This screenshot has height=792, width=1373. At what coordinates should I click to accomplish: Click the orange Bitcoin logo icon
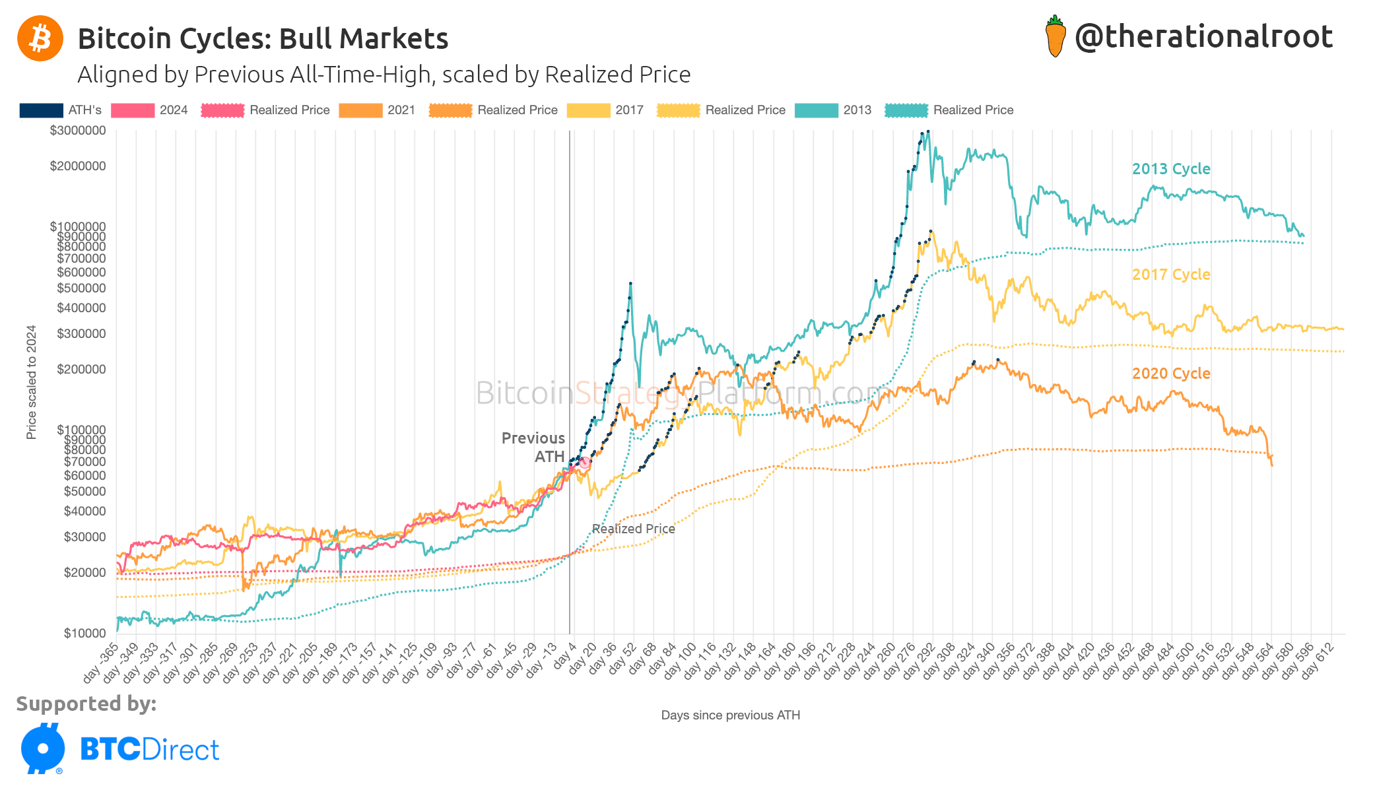[x=40, y=38]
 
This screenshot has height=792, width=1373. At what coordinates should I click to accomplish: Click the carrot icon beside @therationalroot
[x=1055, y=37]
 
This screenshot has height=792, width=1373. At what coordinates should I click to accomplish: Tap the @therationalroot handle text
[x=1203, y=37]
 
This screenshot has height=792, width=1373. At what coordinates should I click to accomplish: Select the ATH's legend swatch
[x=41, y=110]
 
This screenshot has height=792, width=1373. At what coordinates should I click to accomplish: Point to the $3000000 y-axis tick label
[x=78, y=131]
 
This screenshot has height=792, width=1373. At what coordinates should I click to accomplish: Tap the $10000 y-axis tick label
[x=84, y=634]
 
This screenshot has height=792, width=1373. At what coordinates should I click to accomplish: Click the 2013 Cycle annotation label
[x=1171, y=169]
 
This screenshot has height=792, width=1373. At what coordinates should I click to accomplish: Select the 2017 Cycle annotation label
[x=1171, y=275]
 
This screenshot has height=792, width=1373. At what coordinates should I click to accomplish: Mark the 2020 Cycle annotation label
[x=1171, y=374]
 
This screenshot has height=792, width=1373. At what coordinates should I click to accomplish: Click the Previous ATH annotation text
[x=533, y=447]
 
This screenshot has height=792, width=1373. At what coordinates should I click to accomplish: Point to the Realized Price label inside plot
[x=633, y=529]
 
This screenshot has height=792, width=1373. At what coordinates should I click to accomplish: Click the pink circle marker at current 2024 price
[x=584, y=463]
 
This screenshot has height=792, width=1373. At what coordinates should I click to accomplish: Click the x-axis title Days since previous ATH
[x=730, y=715]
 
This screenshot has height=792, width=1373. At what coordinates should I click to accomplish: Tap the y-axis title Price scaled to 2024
[x=31, y=382]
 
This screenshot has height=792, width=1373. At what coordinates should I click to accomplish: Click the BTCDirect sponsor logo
[x=119, y=749]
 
